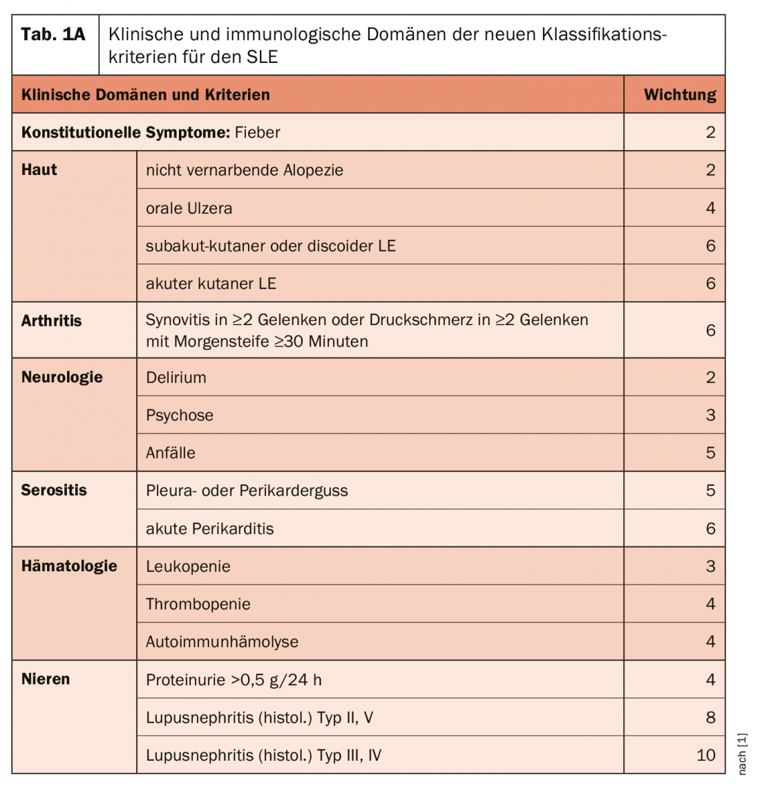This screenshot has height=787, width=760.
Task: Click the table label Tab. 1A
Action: pos(53,35)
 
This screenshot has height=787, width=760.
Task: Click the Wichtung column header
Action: pos(680,95)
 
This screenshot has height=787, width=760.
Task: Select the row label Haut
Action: pos(39,170)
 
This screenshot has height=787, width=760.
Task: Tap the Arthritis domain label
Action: pos(52,321)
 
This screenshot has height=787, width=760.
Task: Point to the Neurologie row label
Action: pos(62,378)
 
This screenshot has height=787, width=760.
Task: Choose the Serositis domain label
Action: pos(54,490)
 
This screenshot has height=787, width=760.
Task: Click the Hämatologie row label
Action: pos(69,566)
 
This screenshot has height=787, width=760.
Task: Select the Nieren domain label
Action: pos(46,679)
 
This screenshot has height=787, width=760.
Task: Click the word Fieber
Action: pos(258,132)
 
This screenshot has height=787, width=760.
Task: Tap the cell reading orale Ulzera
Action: pos(189,208)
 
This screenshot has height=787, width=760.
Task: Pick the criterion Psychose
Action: pos(180,415)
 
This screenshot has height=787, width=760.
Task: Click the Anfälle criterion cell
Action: pos(171,453)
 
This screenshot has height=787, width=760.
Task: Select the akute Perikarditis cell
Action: pos(209,529)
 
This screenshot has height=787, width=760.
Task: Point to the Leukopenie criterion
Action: pos(188,566)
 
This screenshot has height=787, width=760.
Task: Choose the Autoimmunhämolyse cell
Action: pos(222,642)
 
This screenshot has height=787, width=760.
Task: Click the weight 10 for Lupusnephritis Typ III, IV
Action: pos(705,755)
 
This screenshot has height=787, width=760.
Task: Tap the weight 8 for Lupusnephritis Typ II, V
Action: pos(710,717)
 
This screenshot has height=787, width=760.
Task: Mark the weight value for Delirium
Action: pos(710,378)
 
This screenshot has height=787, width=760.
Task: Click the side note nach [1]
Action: pos(743,754)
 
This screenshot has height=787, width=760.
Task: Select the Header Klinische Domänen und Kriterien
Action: pos(146,95)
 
